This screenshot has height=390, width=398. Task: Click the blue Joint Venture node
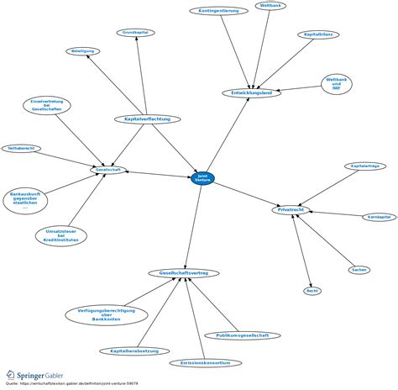click(x=202, y=177)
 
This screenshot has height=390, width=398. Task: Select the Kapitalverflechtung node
click(x=147, y=119)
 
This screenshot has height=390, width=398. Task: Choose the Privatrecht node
click(x=291, y=208)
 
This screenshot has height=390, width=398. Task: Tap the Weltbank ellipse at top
click(x=271, y=6)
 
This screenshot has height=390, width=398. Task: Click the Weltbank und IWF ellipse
click(x=337, y=84)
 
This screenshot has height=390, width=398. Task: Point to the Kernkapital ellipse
click(x=378, y=218)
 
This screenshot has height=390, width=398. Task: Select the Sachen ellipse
click(x=359, y=270)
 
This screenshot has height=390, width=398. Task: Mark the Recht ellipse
click(x=312, y=290)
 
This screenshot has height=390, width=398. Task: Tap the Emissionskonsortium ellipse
click(x=205, y=363)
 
